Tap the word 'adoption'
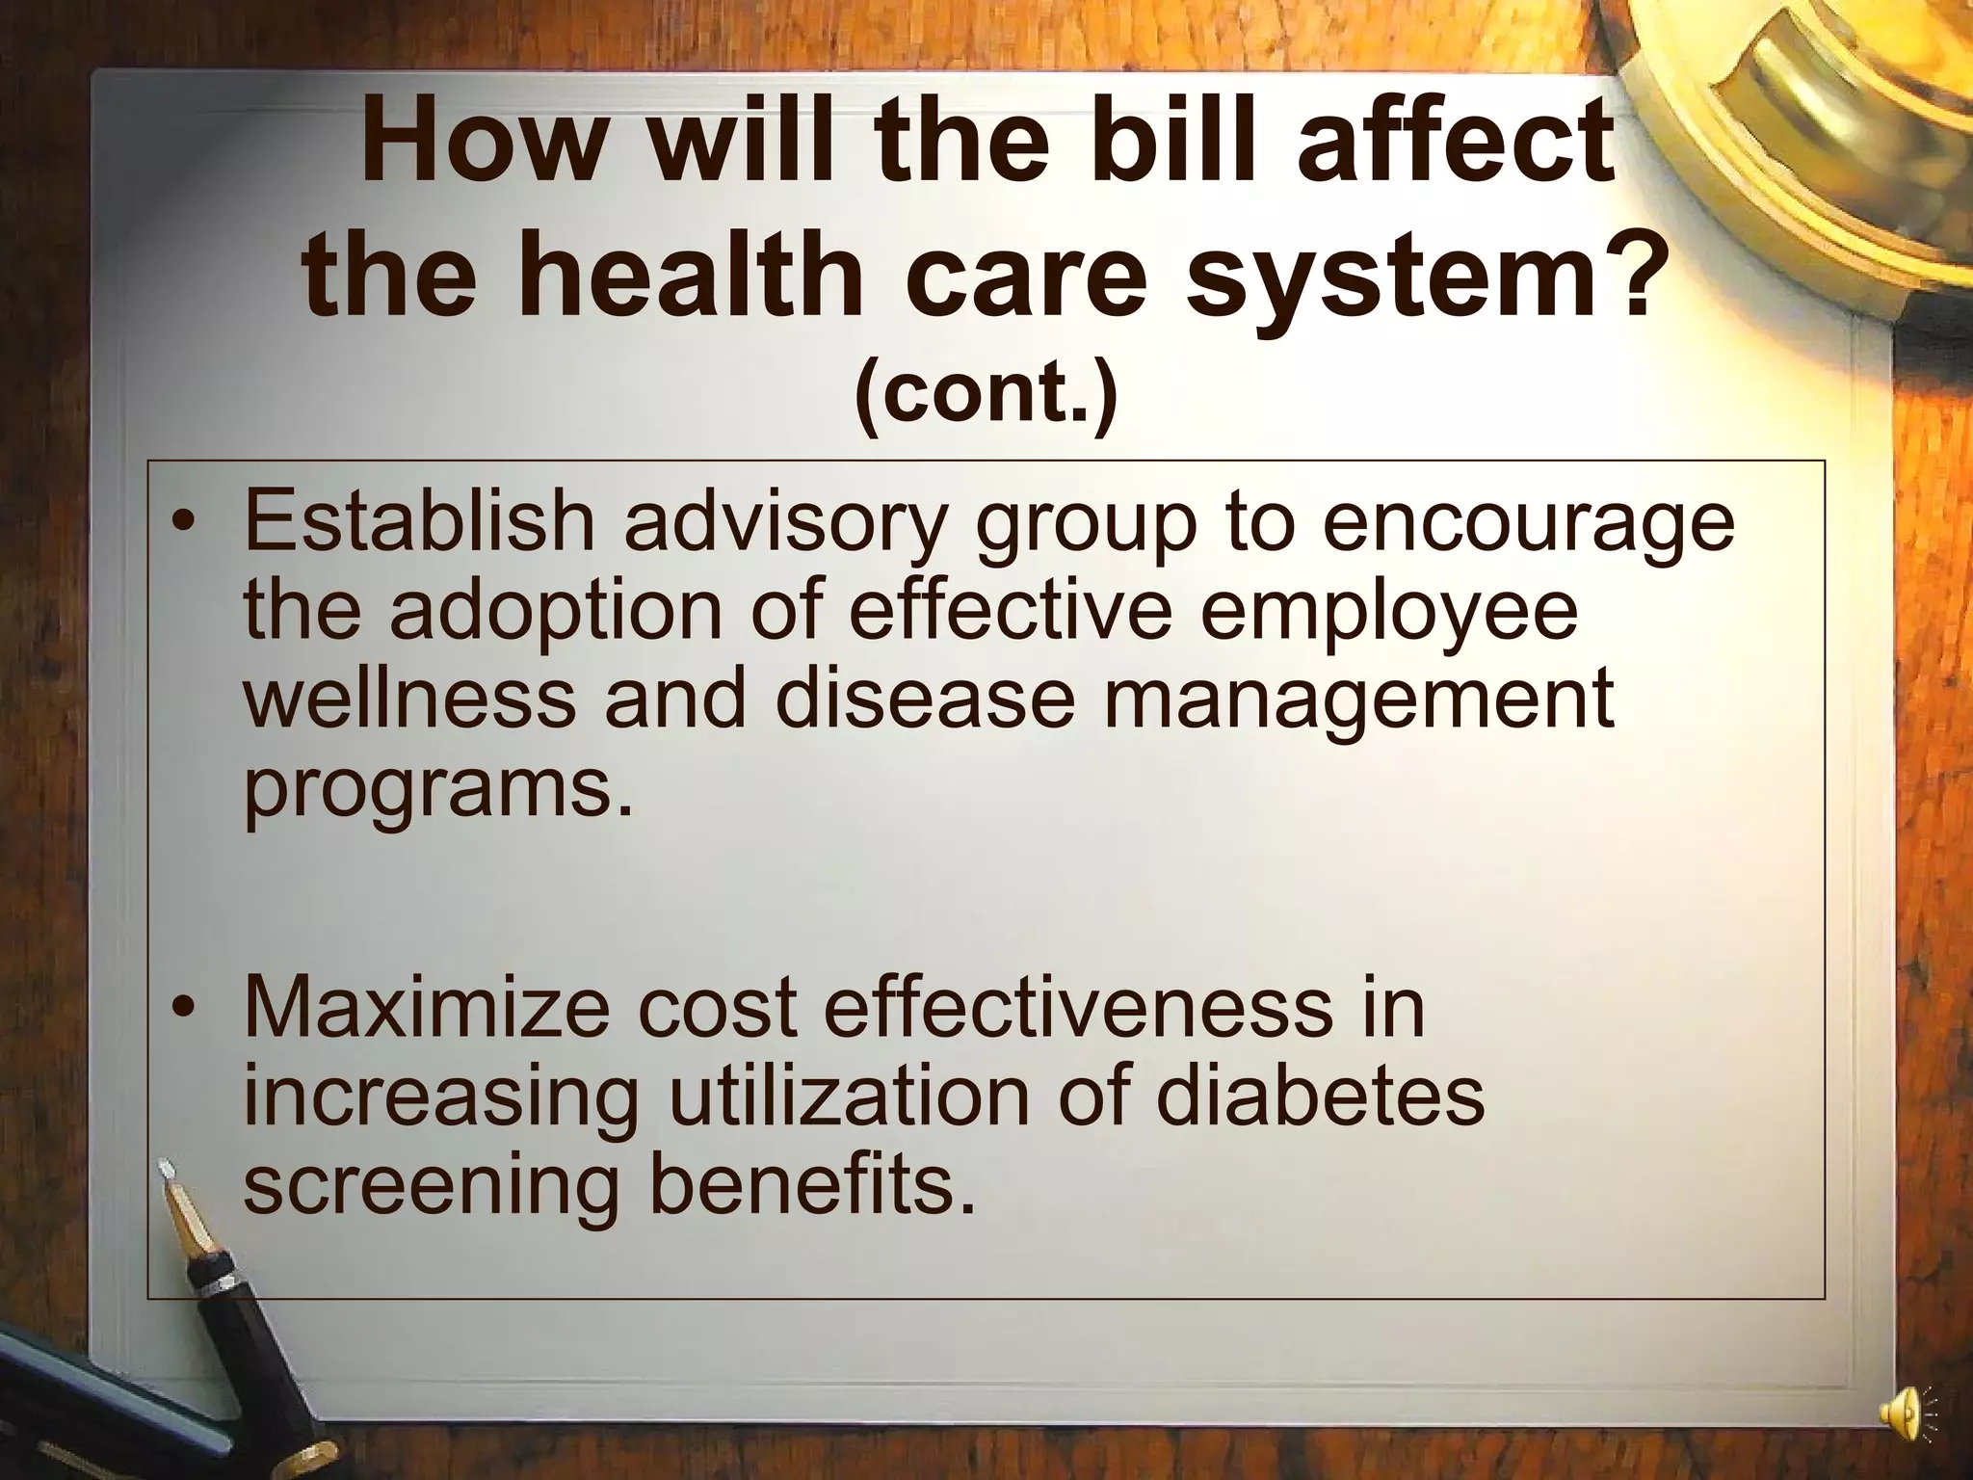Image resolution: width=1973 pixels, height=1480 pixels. point(555,612)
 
